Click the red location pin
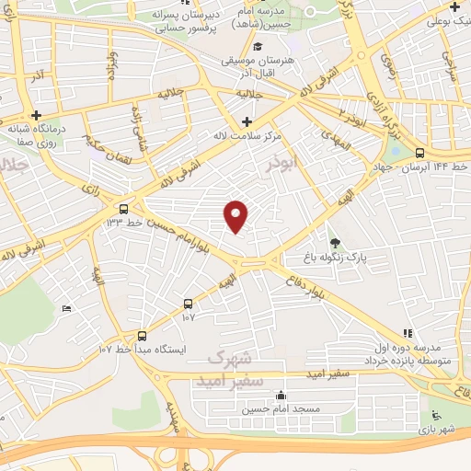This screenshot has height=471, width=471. click(x=236, y=214)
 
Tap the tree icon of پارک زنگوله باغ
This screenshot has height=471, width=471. click(x=334, y=244)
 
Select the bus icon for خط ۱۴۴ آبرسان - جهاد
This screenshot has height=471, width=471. click(x=419, y=154)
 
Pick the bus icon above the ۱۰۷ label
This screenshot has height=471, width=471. click(x=189, y=303)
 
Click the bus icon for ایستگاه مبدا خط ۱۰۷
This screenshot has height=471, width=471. click(x=142, y=336)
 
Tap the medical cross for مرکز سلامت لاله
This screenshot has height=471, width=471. click(x=246, y=121)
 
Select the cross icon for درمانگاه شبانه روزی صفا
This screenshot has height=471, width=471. click(x=36, y=116)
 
